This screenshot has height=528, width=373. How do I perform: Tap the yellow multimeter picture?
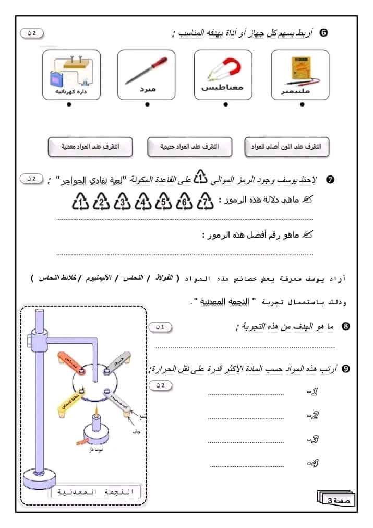[300, 70]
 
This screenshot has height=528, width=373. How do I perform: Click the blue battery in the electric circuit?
[55, 79]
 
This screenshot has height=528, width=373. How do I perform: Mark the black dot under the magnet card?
[225, 104]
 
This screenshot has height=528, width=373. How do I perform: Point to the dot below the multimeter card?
[302, 104]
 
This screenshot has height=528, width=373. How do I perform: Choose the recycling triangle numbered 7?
[206, 201]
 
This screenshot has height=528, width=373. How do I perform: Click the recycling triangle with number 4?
[142, 201]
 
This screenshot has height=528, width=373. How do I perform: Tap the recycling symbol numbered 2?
[101, 201]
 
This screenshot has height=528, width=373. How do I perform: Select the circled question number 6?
[323, 33]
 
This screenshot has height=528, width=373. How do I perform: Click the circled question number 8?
[345, 326]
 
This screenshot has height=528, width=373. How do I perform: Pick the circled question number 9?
[345, 369]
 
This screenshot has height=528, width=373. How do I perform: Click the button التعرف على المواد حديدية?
[189, 147]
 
